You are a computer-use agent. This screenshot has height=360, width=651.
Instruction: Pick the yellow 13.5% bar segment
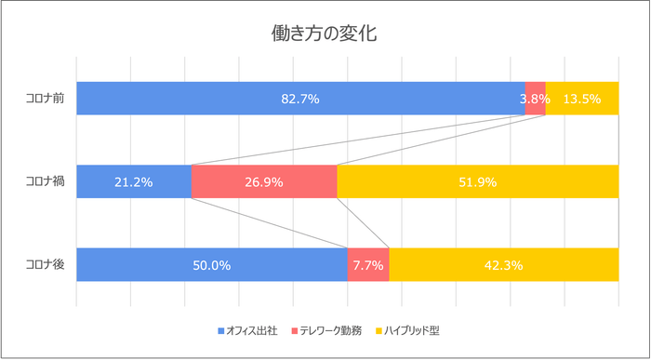click(582, 99)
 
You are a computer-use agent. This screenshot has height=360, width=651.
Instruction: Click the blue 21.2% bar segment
click(133, 181)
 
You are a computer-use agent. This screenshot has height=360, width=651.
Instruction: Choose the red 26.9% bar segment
click(264, 181)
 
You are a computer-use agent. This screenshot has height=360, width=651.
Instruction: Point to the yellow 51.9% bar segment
click(477, 181)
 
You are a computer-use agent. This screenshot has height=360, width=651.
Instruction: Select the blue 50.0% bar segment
click(211, 265)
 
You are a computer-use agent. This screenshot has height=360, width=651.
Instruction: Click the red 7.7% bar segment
click(367, 265)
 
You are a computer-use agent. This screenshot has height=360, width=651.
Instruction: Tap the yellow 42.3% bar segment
click(503, 265)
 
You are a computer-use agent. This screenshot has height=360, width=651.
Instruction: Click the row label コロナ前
click(45, 99)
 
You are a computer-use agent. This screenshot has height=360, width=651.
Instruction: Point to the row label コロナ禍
click(45, 181)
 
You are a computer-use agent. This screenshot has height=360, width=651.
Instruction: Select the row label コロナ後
click(45, 265)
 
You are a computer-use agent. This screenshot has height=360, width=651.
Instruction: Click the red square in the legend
click(295, 330)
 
